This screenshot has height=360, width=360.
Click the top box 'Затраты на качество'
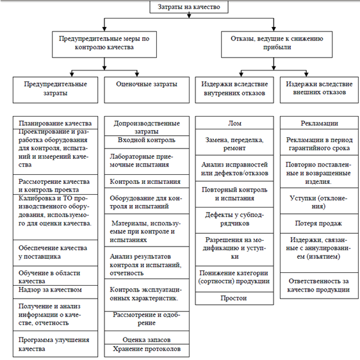click(189, 7)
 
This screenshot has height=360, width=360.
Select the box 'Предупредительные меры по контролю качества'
click(104, 44)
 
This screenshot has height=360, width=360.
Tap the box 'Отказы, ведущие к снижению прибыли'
click(277, 44)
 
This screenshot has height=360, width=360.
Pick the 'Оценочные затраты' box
click(147, 90)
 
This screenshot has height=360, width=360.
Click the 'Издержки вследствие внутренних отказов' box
click(234, 90)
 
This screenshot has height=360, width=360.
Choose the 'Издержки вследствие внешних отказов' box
click(319, 90)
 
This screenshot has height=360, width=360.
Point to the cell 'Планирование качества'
click(55, 123)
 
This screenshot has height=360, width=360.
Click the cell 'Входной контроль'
click(147, 142)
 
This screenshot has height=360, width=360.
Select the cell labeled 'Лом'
click(234, 123)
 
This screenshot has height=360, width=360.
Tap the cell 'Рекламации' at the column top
click(319, 123)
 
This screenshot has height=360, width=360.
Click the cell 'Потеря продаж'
click(319, 224)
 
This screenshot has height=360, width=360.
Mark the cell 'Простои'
click(234, 299)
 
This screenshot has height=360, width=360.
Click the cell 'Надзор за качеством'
click(55, 292)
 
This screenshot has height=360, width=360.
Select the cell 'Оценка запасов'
click(147, 338)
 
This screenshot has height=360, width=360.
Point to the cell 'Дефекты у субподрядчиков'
click(234, 220)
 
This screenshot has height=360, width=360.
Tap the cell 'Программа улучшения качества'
click(55, 344)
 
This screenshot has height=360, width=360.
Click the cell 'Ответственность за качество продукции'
click(319, 286)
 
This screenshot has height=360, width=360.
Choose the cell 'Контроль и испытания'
click(147, 181)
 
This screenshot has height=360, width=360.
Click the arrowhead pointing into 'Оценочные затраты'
click(137, 74)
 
